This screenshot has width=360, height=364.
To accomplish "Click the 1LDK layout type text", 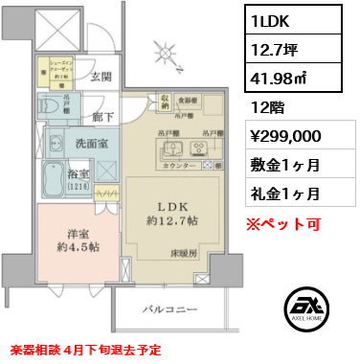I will [x=273, y=18].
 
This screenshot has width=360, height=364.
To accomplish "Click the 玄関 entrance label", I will [x=101, y=76].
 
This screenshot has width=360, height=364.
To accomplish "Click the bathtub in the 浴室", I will [x=57, y=178].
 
